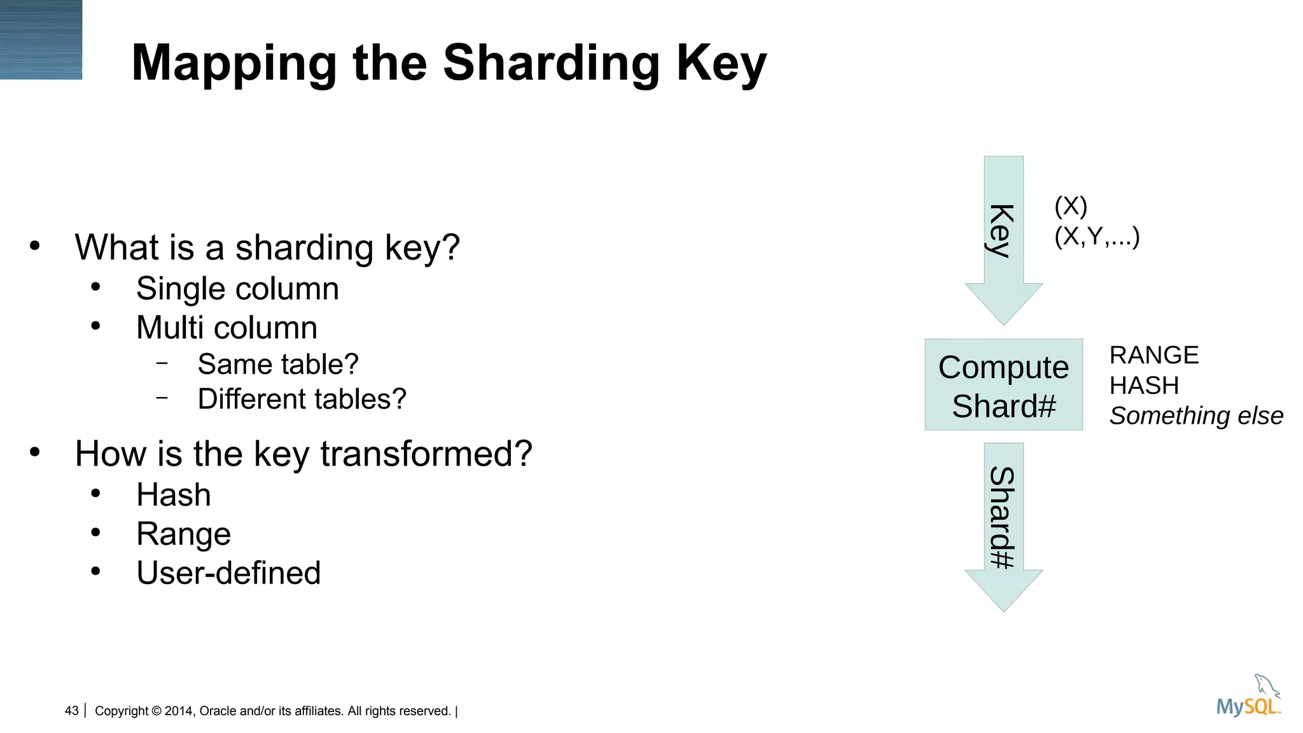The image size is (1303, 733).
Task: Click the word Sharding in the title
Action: [551, 64]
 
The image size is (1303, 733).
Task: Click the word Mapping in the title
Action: [234, 64]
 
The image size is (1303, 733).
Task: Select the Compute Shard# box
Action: [1003, 385]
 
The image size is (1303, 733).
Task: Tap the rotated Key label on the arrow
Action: [1002, 230]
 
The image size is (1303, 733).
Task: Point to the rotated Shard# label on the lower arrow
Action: [1002, 517]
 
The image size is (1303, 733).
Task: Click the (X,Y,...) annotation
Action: [1096, 237]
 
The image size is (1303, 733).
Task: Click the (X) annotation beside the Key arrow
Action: [1070, 206]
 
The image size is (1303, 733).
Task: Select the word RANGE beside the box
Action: [1153, 355]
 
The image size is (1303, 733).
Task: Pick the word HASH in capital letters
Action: [1144, 386]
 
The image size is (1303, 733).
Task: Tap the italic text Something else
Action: [1195, 416]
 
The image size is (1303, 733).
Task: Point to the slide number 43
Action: [71, 711]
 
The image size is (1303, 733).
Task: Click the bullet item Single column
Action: [237, 289]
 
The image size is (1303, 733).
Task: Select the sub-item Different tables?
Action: [302, 400]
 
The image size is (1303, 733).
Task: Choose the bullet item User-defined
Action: [228, 573]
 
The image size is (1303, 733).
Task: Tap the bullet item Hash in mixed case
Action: [173, 495]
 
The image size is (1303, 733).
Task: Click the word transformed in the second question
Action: [426, 454]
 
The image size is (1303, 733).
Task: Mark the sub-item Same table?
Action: [278, 365]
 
